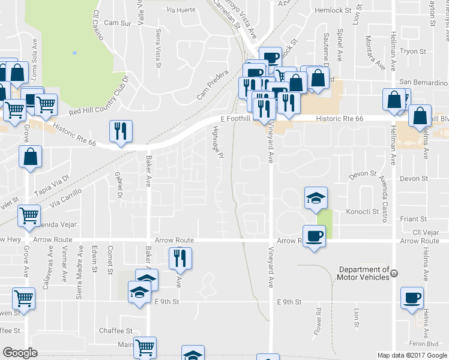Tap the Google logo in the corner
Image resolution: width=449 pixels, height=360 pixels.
coord(20,353)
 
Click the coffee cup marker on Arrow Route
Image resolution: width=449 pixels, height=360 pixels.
coord(313,235)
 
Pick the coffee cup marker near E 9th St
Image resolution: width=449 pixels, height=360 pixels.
coord(412,298)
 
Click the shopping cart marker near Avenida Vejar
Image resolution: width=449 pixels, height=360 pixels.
coord(29,215)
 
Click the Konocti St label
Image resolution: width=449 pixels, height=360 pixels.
coord(363,212)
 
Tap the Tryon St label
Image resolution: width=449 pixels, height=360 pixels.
coord(412,52)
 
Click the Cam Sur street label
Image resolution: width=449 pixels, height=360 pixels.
coord(117,23)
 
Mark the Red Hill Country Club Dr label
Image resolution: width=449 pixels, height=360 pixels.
coord(99,95)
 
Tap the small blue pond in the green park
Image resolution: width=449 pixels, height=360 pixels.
coord(74,53)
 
